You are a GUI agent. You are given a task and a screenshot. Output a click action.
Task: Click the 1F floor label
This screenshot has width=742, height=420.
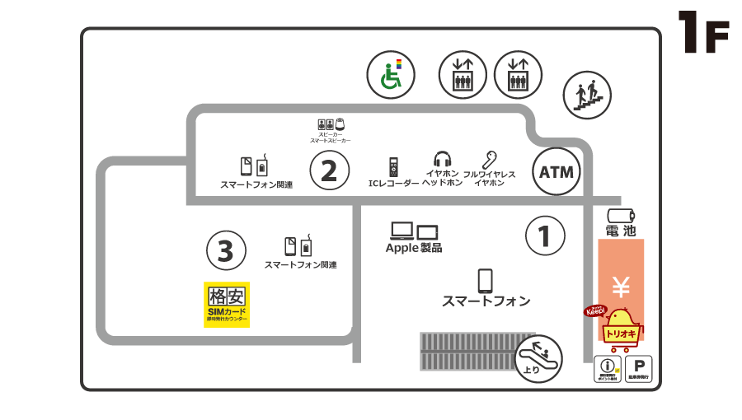[x=703, y=33]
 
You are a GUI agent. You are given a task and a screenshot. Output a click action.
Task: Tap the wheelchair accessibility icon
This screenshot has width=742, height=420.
[x=391, y=74]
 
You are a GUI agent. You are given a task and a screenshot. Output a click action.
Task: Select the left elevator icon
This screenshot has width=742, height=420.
[x=463, y=74]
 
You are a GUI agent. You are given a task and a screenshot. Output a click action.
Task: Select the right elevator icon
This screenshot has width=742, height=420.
[x=518, y=74]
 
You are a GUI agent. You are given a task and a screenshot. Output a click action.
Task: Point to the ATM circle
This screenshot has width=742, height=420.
[x=556, y=172]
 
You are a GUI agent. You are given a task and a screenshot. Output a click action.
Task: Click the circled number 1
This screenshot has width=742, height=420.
[x=545, y=236]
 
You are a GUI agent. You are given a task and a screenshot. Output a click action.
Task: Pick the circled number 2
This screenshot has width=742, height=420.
[x=329, y=171]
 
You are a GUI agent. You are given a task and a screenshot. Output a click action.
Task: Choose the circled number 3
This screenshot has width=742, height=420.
[x=226, y=250]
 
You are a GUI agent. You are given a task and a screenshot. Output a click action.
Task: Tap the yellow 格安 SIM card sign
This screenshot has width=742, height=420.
[x=227, y=305]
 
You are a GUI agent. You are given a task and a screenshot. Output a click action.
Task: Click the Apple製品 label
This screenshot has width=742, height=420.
[x=414, y=247]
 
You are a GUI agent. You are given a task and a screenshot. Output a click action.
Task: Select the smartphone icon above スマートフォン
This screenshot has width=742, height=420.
[x=485, y=281]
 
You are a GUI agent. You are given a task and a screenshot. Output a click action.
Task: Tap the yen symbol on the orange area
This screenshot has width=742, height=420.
[x=621, y=287]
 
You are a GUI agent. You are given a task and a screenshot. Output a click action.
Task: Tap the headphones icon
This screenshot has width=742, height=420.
[x=443, y=159]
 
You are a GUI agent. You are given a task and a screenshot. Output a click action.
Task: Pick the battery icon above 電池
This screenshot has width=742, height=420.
[x=621, y=214]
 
